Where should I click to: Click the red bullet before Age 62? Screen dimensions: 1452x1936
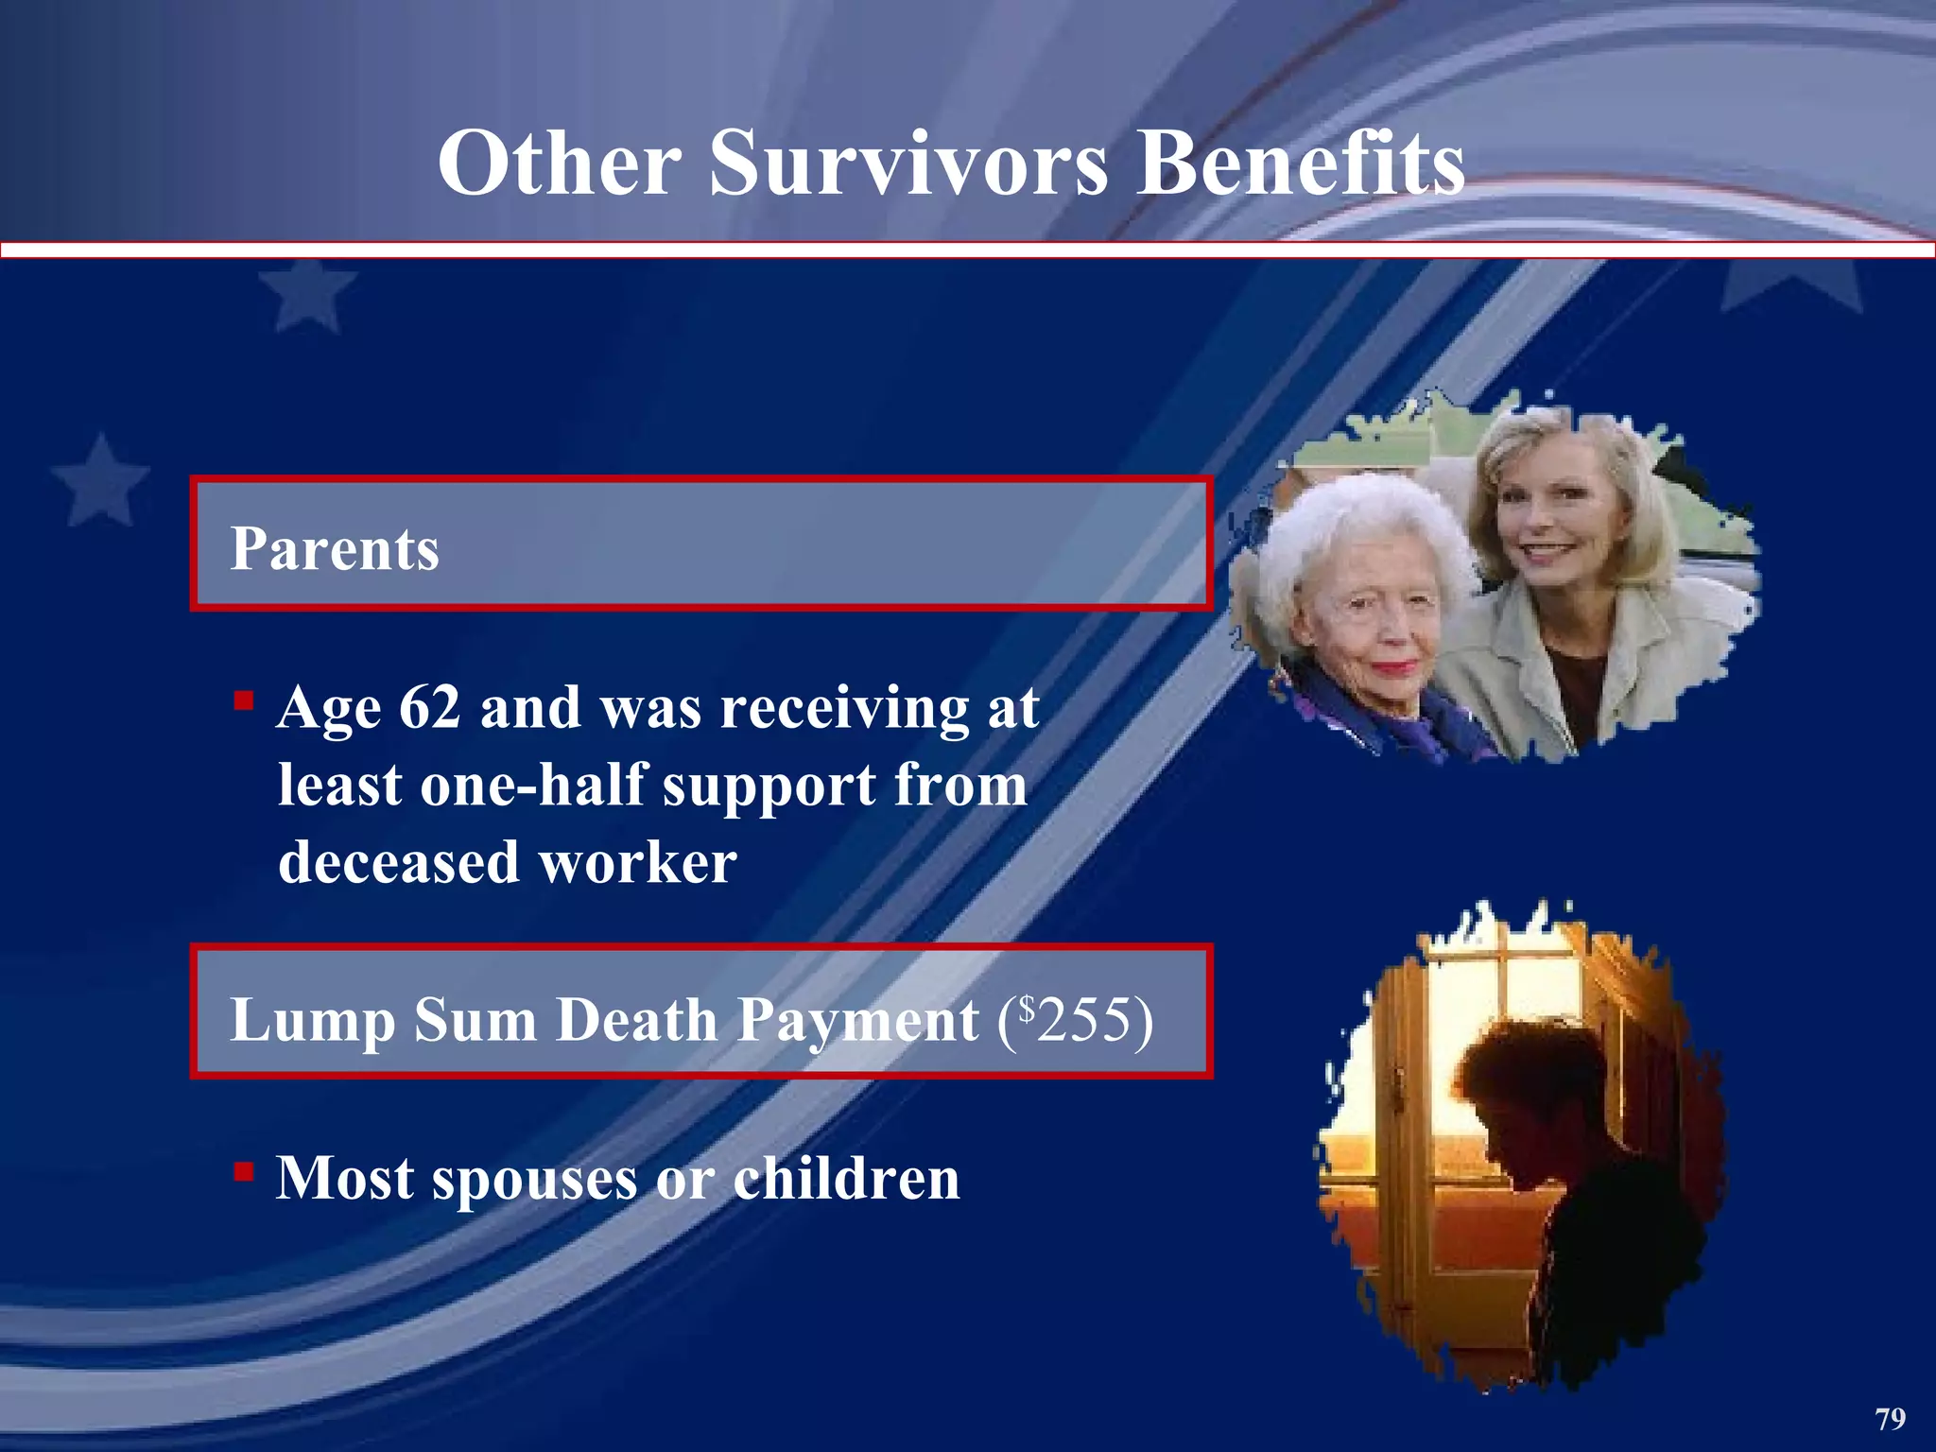coord(244,701)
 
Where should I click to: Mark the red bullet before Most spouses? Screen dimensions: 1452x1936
coord(244,1172)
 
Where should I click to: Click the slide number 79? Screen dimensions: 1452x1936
coord(1890,1419)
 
